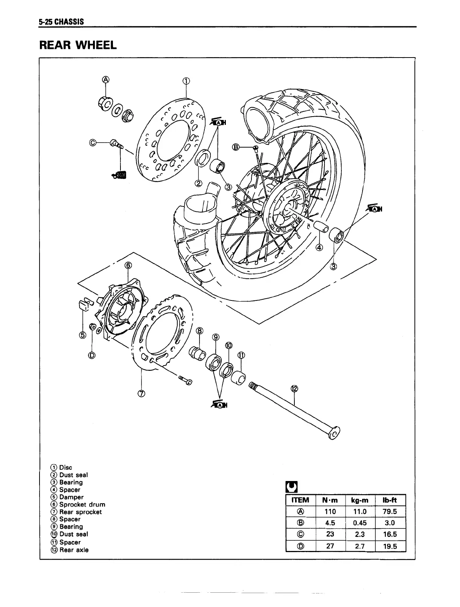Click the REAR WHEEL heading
point(78,45)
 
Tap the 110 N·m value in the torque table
point(330,511)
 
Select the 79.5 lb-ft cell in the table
point(390,511)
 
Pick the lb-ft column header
point(390,500)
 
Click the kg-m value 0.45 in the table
point(360,523)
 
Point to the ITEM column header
point(300,500)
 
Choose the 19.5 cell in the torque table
point(390,546)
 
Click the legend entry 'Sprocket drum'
point(82,504)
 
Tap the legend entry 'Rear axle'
point(74,550)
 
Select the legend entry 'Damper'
point(71,497)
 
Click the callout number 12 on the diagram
point(294,389)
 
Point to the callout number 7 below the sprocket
point(141,394)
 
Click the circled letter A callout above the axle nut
point(106,79)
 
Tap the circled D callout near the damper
point(92,355)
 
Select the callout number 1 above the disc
point(186,80)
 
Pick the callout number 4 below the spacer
point(319,247)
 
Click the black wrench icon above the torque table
point(292,487)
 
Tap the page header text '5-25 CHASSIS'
point(61,22)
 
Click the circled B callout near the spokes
point(236,147)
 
